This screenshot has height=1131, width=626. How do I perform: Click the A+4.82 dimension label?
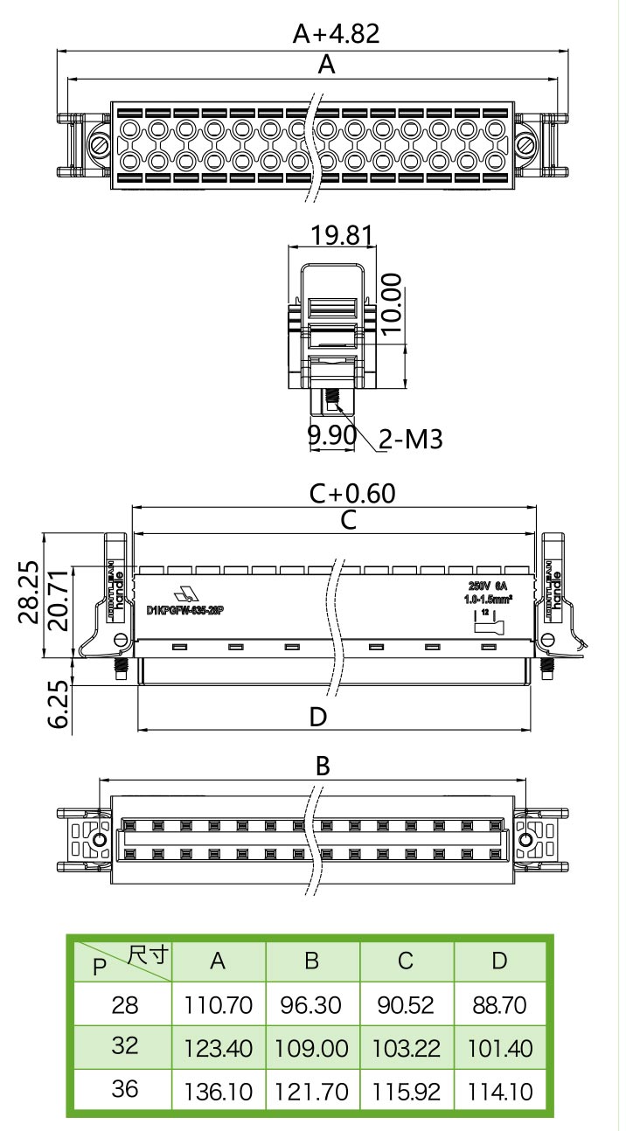pyautogui.click(x=337, y=33)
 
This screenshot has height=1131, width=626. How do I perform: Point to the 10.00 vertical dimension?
pyautogui.click(x=391, y=303)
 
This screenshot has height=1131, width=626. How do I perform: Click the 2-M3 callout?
pyautogui.click(x=411, y=439)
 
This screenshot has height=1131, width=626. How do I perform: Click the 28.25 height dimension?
pyautogui.click(x=28, y=592)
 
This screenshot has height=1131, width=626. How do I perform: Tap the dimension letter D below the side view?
pyautogui.click(x=318, y=718)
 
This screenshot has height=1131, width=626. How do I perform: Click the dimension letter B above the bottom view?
pyautogui.click(x=323, y=767)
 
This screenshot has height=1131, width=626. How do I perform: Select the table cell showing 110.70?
pyautogui.click(x=218, y=1005)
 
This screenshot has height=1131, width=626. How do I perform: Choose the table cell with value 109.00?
pyautogui.click(x=311, y=1048)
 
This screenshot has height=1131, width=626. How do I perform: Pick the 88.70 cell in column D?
pyautogui.click(x=499, y=1005)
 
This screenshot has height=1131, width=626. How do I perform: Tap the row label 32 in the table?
pyautogui.click(x=125, y=1045)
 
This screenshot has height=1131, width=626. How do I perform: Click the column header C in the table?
pyautogui.click(x=405, y=961)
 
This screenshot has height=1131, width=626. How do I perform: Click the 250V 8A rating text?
pyautogui.click(x=488, y=585)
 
